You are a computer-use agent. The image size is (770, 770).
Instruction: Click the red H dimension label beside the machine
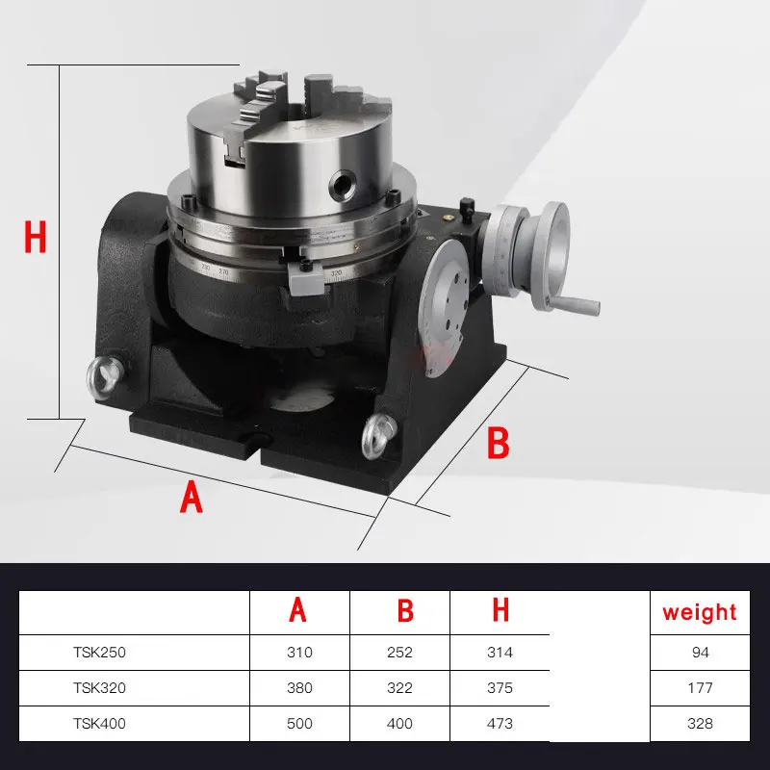36,237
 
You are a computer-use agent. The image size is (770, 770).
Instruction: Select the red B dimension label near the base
497,443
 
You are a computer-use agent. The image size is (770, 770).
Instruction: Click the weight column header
700,612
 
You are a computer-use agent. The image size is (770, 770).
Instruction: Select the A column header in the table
299,611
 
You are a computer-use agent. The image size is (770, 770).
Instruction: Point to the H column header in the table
500,611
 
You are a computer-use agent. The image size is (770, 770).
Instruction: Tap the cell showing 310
299,653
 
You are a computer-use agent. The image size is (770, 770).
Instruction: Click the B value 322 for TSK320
399,688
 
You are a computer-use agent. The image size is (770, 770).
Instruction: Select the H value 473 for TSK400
500,724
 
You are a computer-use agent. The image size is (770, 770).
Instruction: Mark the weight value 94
700,653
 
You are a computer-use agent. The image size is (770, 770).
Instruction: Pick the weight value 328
700,724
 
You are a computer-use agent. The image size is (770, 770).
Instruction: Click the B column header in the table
405,611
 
